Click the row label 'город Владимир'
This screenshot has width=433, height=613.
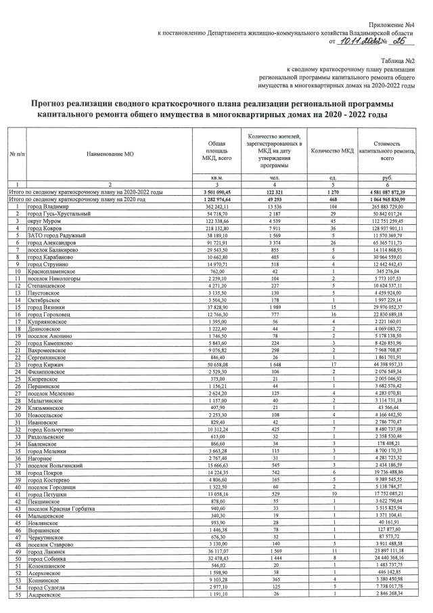pos(46,207)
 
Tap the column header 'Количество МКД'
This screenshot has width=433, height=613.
pos(331,150)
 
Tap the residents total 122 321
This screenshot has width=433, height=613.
pos(269,192)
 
